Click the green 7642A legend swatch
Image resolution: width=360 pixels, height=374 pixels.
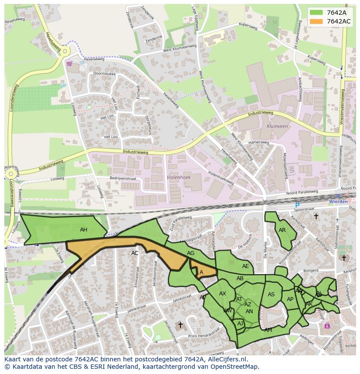316,13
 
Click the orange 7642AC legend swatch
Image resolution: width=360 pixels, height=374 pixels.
316,21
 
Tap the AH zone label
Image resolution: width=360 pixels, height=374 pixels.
83,230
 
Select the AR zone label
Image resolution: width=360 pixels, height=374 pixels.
282,230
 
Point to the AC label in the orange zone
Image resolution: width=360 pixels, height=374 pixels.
135,253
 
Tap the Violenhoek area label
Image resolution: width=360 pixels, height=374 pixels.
179,177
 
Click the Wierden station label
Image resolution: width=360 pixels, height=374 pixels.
338,202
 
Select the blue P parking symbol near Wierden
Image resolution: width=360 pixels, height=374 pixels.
297,205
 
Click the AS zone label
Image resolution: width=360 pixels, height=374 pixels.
271,295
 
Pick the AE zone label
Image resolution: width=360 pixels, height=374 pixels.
246,266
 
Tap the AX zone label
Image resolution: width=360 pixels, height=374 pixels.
223,294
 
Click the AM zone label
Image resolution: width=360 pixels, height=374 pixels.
268,330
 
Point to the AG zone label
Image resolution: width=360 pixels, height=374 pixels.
190,253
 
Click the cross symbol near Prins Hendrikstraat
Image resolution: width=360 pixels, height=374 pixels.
180,325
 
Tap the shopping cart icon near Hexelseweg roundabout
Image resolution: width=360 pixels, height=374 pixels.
69,63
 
